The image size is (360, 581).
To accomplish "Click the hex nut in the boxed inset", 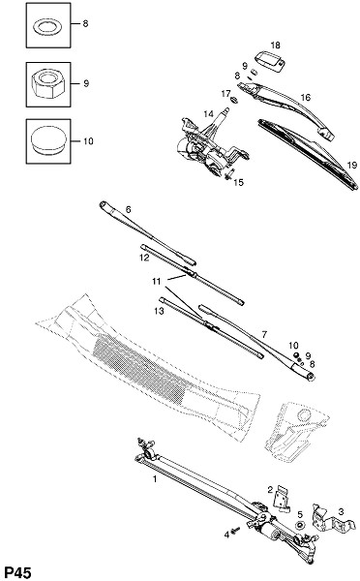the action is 48,84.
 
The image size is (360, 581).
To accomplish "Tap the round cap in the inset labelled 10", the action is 48,139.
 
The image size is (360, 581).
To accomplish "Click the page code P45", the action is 18,572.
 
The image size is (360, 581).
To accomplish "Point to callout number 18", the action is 275,46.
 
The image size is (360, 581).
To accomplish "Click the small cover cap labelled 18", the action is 270,60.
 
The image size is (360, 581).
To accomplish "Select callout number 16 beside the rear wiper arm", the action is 306,98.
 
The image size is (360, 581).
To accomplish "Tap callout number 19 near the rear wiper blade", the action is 352,165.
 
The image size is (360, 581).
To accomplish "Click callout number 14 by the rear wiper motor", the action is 208,113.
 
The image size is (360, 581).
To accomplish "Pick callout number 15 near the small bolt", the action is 239,183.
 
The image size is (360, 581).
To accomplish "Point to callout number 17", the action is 225,94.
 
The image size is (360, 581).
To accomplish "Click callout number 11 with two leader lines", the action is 157,282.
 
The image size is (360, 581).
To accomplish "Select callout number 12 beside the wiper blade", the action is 144,258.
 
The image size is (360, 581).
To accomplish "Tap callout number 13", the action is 159,311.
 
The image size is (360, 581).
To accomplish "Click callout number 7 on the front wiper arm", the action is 264,334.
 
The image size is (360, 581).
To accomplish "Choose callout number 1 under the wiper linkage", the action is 155,478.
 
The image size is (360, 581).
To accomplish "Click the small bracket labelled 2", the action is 282,499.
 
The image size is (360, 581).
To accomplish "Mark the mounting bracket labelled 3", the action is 329,518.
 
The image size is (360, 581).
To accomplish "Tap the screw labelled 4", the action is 235,531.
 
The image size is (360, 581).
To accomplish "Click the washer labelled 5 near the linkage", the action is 300,525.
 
